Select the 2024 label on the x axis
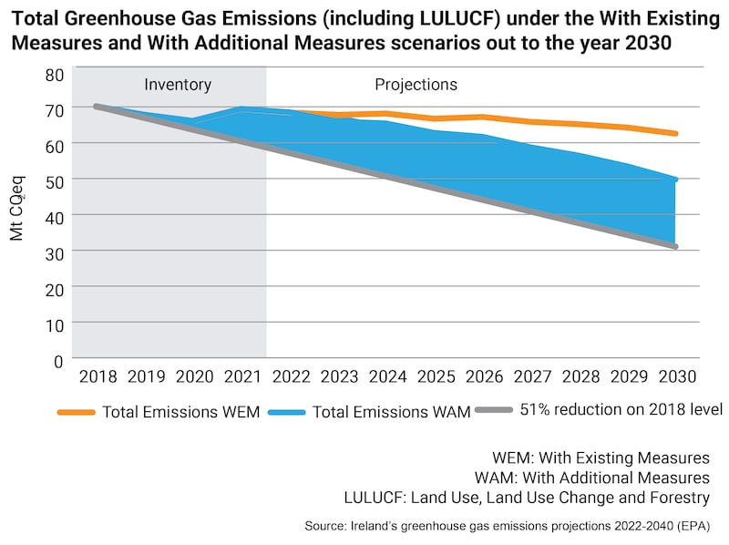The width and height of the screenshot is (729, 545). click(386, 376)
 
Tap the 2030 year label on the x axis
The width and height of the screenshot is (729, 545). click(677, 376)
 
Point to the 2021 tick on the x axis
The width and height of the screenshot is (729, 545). click(241, 376)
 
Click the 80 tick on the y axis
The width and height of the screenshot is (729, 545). click(56, 73)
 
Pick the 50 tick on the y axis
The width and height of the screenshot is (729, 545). click(56, 180)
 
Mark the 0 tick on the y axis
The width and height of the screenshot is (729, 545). click(60, 360)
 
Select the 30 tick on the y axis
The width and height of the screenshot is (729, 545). click(56, 252)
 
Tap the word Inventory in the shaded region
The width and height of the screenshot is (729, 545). click(178, 85)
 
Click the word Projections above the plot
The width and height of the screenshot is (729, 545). click(416, 85)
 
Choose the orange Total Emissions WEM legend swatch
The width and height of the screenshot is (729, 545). click(77, 412)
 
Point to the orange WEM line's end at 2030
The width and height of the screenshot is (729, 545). click(675, 134)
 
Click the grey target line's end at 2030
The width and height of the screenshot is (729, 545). click(675, 246)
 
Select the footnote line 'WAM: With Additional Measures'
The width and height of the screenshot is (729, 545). click(592, 477)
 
